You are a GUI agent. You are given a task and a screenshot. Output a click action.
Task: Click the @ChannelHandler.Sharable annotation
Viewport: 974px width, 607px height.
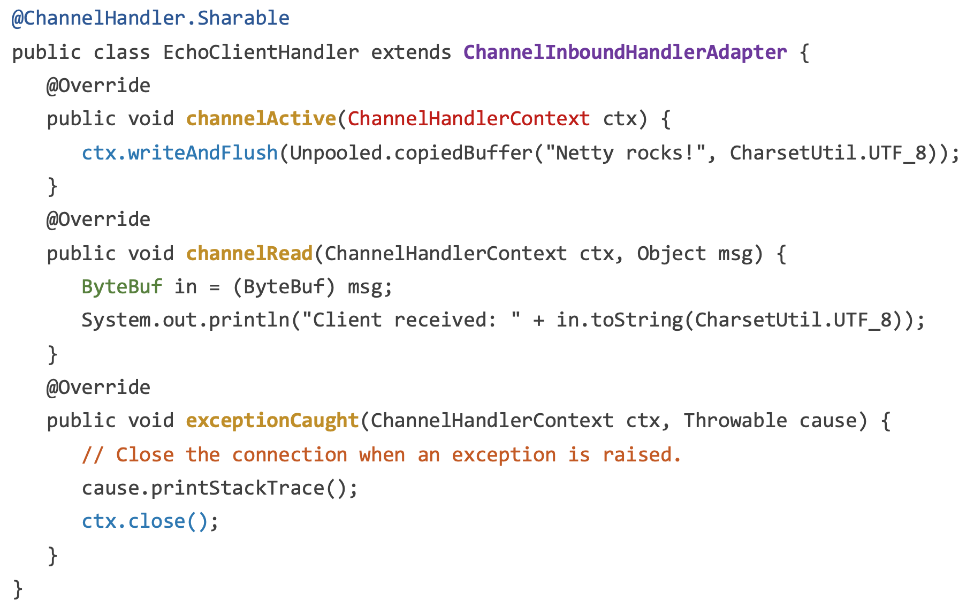pyautogui.click(x=150, y=18)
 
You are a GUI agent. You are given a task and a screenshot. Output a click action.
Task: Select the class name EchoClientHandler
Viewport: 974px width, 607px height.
pyautogui.click(x=261, y=52)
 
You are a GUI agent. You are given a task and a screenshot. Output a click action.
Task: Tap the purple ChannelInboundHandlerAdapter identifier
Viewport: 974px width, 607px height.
pyautogui.click(x=625, y=52)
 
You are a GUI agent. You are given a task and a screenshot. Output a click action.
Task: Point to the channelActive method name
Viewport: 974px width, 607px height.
pyautogui.click(x=261, y=119)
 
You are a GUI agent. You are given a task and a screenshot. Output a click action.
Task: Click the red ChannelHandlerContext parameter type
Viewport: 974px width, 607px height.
pyautogui.click(x=469, y=119)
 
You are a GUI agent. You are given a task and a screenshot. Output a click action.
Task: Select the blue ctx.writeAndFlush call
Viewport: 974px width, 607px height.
pyautogui.click(x=180, y=153)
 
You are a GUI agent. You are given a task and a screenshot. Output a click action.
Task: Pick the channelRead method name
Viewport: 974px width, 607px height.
pyautogui.click(x=249, y=254)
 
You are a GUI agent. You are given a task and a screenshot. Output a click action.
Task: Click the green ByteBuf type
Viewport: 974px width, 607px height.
pyautogui.click(x=122, y=287)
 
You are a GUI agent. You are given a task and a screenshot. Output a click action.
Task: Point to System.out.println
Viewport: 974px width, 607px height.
pyautogui.click(x=185, y=320)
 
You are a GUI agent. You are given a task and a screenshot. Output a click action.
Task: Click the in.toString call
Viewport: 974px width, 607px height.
pyautogui.click(x=619, y=320)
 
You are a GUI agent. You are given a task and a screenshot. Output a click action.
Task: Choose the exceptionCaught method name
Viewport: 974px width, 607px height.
pyautogui.click(x=272, y=421)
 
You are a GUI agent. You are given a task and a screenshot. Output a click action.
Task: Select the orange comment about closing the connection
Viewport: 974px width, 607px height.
pyautogui.click(x=382, y=455)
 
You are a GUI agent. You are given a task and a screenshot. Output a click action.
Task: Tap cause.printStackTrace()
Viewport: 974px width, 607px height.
pyautogui.click(x=219, y=488)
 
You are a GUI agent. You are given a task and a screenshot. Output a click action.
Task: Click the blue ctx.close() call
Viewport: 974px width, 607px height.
pyautogui.click(x=144, y=521)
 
